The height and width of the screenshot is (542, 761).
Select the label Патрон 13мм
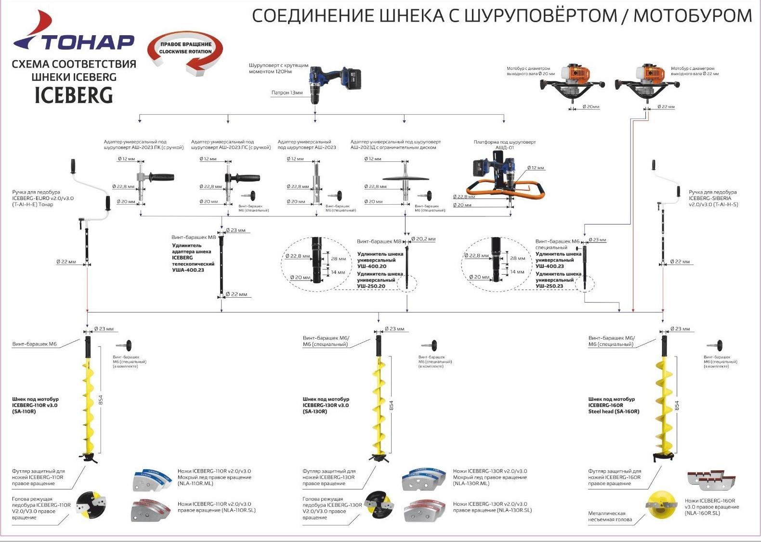click(x=287, y=93)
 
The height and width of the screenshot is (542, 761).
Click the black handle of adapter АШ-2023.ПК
click(x=159, y=177)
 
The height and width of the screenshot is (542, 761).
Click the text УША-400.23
click(x=188, y=270)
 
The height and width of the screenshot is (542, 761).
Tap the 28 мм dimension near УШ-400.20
click(x=339, y=259)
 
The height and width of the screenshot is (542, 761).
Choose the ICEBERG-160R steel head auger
click(x=664, y=400)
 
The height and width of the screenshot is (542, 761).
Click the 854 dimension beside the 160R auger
click(x=677, y=406)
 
